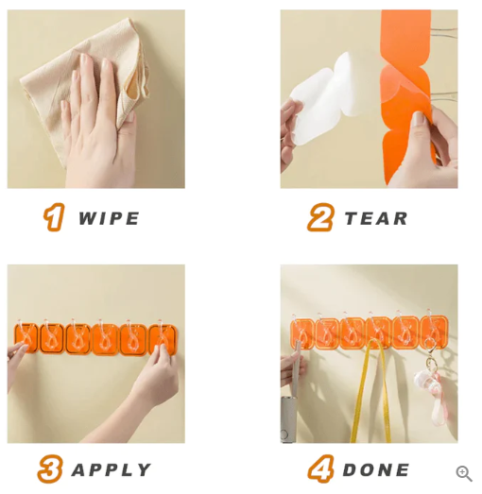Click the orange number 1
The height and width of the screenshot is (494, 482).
(x=55, y=218)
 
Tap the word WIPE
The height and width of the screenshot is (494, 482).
(x=109, y=219)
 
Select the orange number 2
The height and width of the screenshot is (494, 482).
(x=320, y=218)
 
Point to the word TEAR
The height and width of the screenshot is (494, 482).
(x=376, y=219)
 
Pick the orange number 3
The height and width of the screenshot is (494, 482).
(x=50, y=469)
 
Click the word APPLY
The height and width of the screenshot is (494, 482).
(x=112, y=469)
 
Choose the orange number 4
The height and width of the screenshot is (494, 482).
(x=320, y=469)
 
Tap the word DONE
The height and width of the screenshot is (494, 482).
(x=376, y=469)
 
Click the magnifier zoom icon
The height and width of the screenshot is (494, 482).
(x=464, y=473)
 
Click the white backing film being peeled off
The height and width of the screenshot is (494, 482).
(x=326, y=99)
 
